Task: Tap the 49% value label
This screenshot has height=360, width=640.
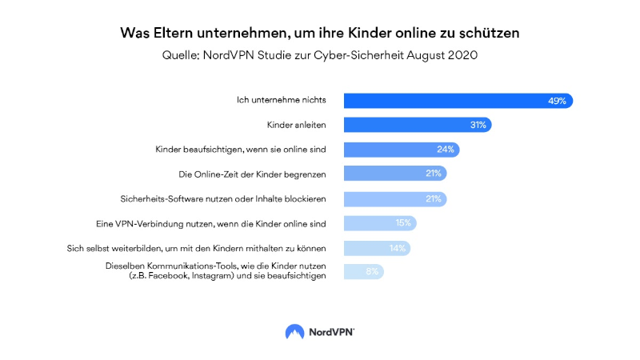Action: click(x=557, y=101)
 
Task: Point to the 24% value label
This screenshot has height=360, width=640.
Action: click(x=446, y=150)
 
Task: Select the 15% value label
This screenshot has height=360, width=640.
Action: click(x=403, y=223)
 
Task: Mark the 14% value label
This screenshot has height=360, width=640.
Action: click(x=398, y=248)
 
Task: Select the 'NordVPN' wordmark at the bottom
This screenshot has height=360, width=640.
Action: click(x=330, y=331)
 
